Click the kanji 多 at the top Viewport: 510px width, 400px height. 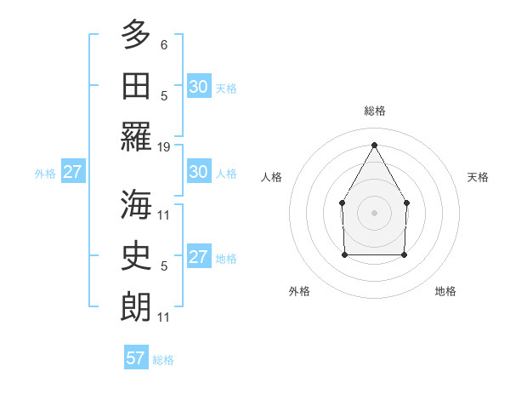coord(136,35)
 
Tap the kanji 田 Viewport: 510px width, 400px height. coord(136,85)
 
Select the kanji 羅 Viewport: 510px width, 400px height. coord(136,136)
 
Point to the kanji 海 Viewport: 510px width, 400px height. coord(136,205)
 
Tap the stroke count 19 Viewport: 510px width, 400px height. coord(164,147)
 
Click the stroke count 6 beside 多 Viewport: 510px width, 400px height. coord(164,44)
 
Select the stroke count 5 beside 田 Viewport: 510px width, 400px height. coord(164,95)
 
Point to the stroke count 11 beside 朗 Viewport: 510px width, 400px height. coord(164,317)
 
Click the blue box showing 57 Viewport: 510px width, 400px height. coord(136,358)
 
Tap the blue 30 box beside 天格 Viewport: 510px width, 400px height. coord(198,86)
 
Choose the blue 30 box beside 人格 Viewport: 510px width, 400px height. coord(198,172)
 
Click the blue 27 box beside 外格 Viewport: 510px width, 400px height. coord(72,172)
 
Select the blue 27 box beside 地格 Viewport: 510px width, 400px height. coord(198,257)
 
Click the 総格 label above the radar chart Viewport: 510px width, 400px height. coord(374,111)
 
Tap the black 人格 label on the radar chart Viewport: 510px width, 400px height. coord(272,177)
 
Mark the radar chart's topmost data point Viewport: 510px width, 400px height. coord(374,144)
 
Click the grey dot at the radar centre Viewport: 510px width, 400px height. coord(374,212)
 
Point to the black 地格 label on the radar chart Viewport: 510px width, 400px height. coord(445,291)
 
